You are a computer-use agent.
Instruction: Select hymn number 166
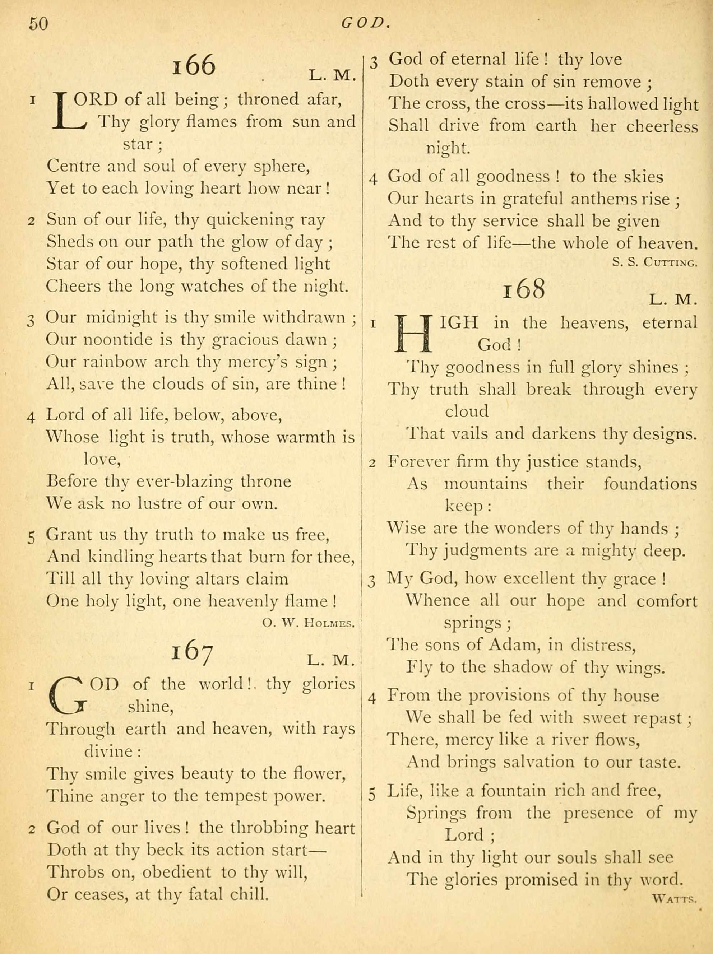(194, 66)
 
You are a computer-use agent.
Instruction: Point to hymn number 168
(524, 289)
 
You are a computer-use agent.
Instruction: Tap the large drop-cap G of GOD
(68, 694)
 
